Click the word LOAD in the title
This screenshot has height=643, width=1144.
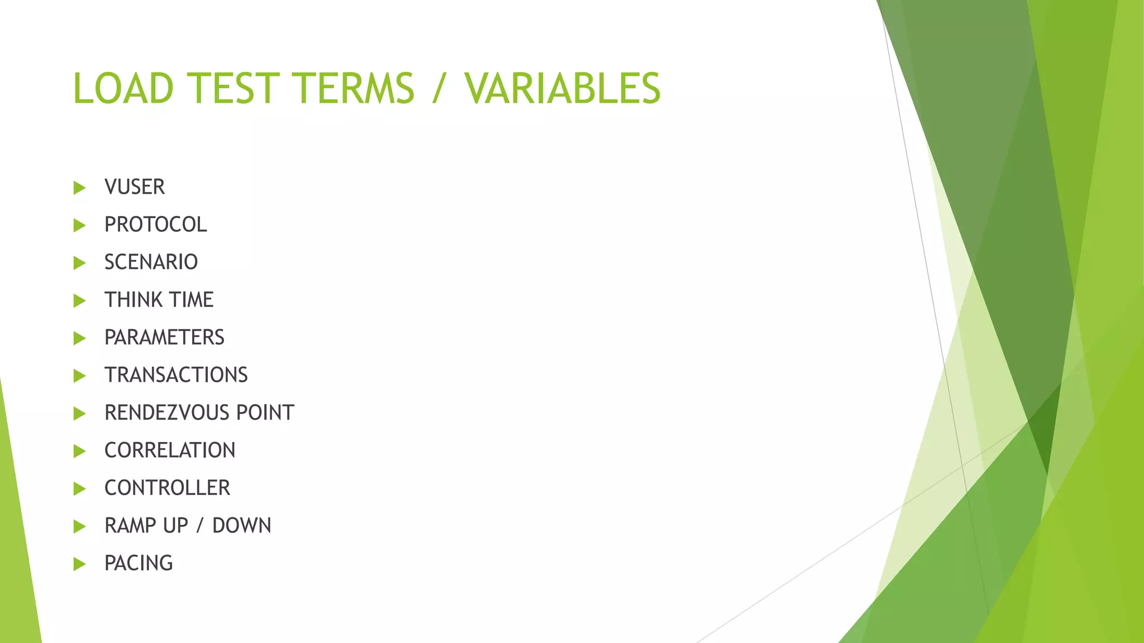123,88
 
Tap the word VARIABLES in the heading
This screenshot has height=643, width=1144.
562,88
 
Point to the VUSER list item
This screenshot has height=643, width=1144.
135,187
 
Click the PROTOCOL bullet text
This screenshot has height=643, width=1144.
155,224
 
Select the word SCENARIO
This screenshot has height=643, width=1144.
151,262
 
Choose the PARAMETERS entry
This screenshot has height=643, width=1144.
164,337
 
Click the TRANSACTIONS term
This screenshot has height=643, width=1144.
176,375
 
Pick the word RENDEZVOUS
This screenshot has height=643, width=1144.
166,412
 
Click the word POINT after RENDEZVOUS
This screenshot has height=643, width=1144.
265,412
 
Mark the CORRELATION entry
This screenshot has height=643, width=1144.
170,450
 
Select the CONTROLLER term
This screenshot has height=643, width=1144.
167,488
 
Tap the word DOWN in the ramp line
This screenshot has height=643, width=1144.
241,526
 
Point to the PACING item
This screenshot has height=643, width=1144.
139,563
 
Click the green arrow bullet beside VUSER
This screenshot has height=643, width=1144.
79,188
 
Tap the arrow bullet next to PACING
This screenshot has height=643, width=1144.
79,564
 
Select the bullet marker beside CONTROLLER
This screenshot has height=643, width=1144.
79,488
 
